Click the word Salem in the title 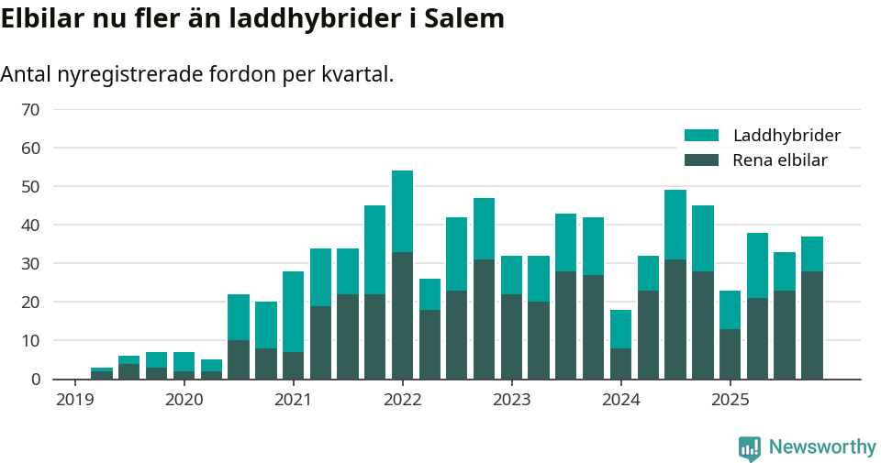pos(464,19)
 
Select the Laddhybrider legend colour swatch pos(702,136)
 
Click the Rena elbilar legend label pos(780,160)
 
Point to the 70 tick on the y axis pos(30,110)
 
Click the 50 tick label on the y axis pos(30,187)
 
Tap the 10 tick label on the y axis pos(30,341)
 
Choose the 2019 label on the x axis pos(74,400)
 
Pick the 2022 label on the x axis pos(402,400)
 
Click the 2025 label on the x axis pos(730,400)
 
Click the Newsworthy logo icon pos(750,448)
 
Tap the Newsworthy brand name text pos(822,447)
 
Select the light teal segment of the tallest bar pos(402,211)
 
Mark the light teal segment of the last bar pos(811,254)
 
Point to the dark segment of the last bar pos(811,325)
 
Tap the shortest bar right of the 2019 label pos(102,373)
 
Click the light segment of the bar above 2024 pos(620,328)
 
